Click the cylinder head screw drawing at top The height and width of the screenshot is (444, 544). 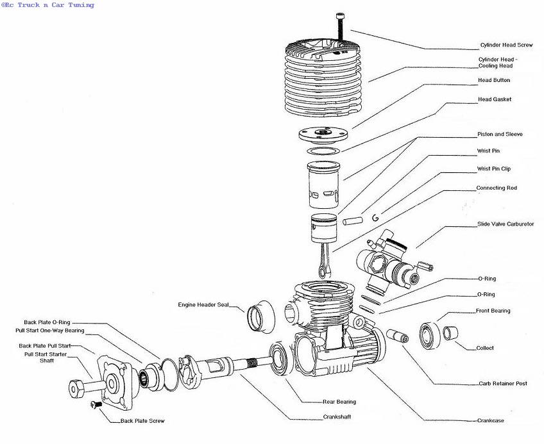point(339,27)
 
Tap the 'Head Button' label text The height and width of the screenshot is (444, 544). point(494,80)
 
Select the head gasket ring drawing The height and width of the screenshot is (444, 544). point(323,151)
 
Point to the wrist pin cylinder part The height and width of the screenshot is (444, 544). point(352,220)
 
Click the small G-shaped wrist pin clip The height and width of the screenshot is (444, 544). point(375,218)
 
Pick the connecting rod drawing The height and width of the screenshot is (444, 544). point(325,260)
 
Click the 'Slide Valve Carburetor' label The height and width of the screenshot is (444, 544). point(506,224)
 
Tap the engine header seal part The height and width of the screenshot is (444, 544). point(261,317)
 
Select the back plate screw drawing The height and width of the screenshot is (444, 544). point(96,404)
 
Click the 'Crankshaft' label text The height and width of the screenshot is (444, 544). point(337,416)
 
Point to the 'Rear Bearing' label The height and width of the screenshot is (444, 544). point(339,402)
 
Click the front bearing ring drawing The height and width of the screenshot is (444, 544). point(430,335)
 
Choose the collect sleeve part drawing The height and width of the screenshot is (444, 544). point(450,333)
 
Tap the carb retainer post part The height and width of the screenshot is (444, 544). point(398,336)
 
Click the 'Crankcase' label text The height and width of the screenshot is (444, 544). point(491,420)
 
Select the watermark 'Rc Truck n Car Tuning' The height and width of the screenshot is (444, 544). point(47,5)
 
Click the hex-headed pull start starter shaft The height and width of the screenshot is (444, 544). point(87,388)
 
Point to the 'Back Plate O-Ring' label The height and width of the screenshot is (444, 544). point(47,322)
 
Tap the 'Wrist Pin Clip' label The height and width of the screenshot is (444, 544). point(494,169)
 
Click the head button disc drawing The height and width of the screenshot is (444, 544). point(323,136)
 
